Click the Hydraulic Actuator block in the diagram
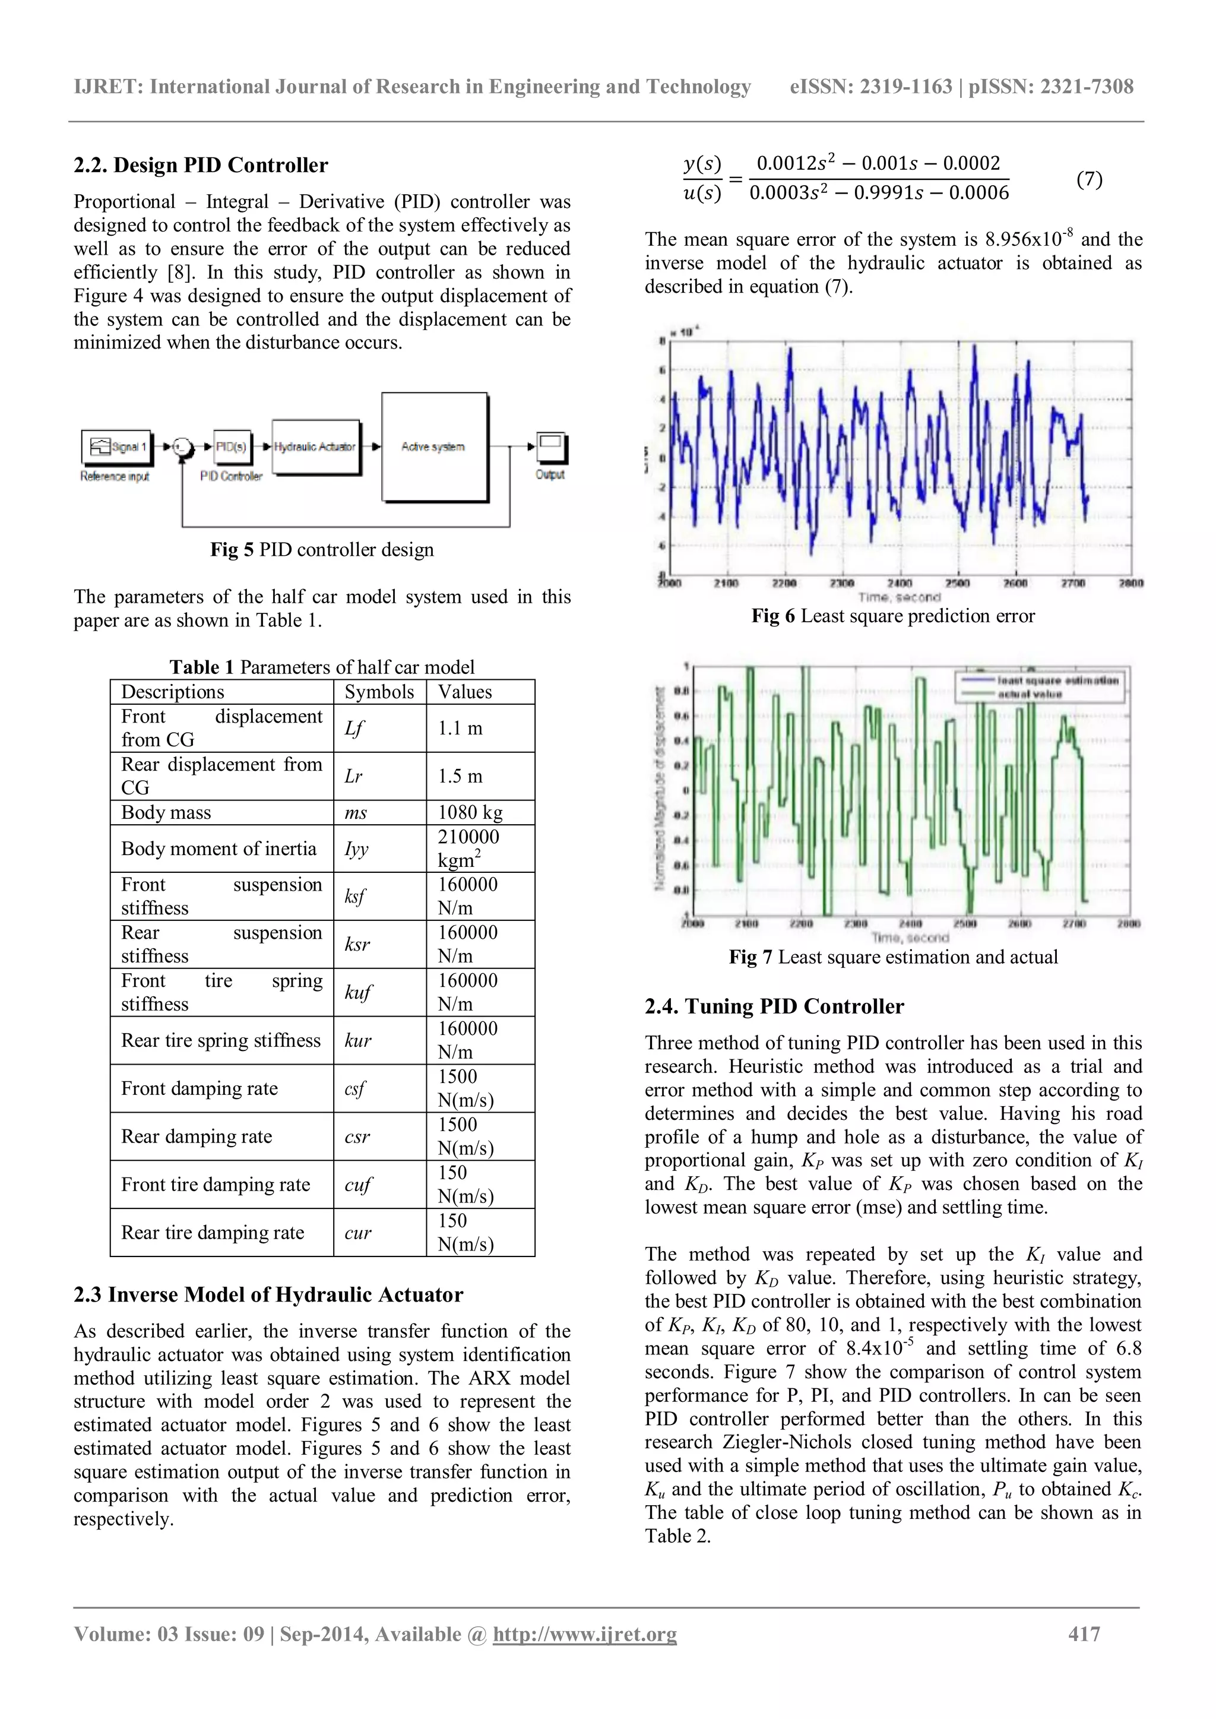315,447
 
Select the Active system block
434,447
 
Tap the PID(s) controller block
232,447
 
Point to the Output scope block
552,448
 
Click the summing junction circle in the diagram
180,447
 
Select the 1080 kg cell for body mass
479,812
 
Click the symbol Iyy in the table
356,849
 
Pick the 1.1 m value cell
479,729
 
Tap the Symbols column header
379,692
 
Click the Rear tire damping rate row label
213,1232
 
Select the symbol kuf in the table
358,993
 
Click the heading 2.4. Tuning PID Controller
774,1006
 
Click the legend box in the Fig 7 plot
1040,686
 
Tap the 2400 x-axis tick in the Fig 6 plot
900,583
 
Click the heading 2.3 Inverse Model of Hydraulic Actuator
268,1294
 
